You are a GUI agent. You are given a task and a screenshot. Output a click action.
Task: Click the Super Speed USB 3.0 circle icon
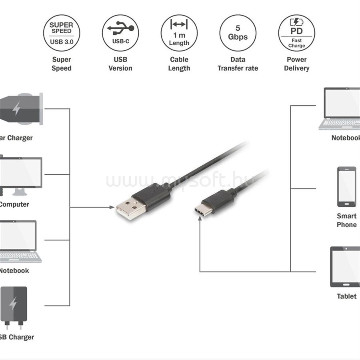pyautogui.click(x=61, y=33)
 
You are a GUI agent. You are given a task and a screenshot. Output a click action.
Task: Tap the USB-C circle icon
pyautogui.click(x=120, y=33)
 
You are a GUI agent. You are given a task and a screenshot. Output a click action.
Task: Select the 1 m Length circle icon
pyautogui.click(x=179, y=33)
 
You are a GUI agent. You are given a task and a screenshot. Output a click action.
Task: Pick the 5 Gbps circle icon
pyautogui.click(x=238, y=33)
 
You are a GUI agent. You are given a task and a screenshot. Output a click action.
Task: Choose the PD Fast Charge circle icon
pyautogui.click(x=296, y=33)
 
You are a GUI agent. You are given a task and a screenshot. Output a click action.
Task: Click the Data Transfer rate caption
pyautogui.click(x=238, y=64)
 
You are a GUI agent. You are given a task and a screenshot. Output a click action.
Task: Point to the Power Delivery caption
pyautogui.click(x=296, y=64)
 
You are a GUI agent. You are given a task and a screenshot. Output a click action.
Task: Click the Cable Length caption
pyautogui.click(x=179, y=64)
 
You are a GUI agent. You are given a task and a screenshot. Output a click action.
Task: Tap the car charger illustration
pyautogui.click(x=22, y=109)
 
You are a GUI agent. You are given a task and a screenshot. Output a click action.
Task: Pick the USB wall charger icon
pyautogui.click(x=14, y=306)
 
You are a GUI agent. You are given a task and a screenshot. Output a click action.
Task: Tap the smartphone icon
pyautogui.click(x=346, y=187)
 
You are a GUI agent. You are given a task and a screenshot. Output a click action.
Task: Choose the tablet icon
pyautogui.click(x=345, y=267)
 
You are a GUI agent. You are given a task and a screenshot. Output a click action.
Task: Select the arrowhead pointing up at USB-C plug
pyautogui.click(x=200, y=220)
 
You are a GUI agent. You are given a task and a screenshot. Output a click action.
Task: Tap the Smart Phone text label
pyautogui.click(x=346, y=220)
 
